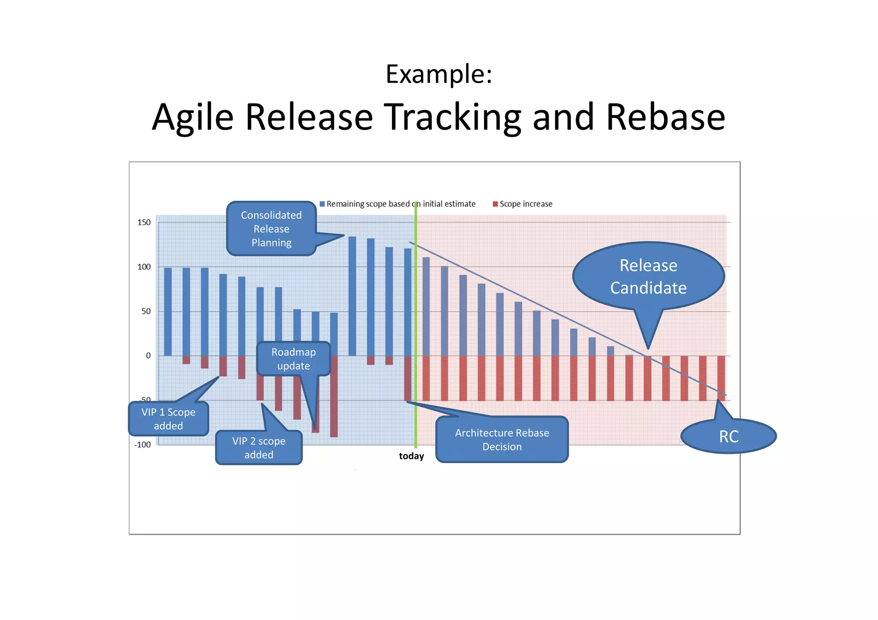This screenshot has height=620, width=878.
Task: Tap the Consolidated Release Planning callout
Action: [x=271, y=229]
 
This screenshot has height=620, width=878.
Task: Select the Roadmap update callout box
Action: [x=294, y=359]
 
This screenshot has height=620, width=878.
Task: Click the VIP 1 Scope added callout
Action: [x=168, y=419]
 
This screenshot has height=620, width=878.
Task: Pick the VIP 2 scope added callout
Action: [x=259, y=448]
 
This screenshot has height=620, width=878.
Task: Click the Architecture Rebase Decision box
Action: [x=502, y=440]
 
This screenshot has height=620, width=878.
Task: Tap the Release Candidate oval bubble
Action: [x=648, y=276]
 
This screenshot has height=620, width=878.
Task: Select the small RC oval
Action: [x=728, y=437]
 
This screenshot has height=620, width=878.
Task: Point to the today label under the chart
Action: [x=411, y=456]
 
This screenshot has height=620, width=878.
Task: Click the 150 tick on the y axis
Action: [x=144, y=222]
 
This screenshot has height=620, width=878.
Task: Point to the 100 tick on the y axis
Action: [x=144, y=267]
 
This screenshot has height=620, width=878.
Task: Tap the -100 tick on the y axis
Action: [x=143, y=445]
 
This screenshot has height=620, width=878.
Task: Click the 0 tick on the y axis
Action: [x=148, y=356]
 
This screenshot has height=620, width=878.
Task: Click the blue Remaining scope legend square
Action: [x=322, y=204]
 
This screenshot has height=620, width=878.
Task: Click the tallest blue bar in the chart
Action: [x=352, y=296]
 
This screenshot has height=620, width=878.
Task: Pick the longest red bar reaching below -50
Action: [x=334, y=396]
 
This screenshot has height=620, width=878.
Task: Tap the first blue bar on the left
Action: [x=168, y=311]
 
